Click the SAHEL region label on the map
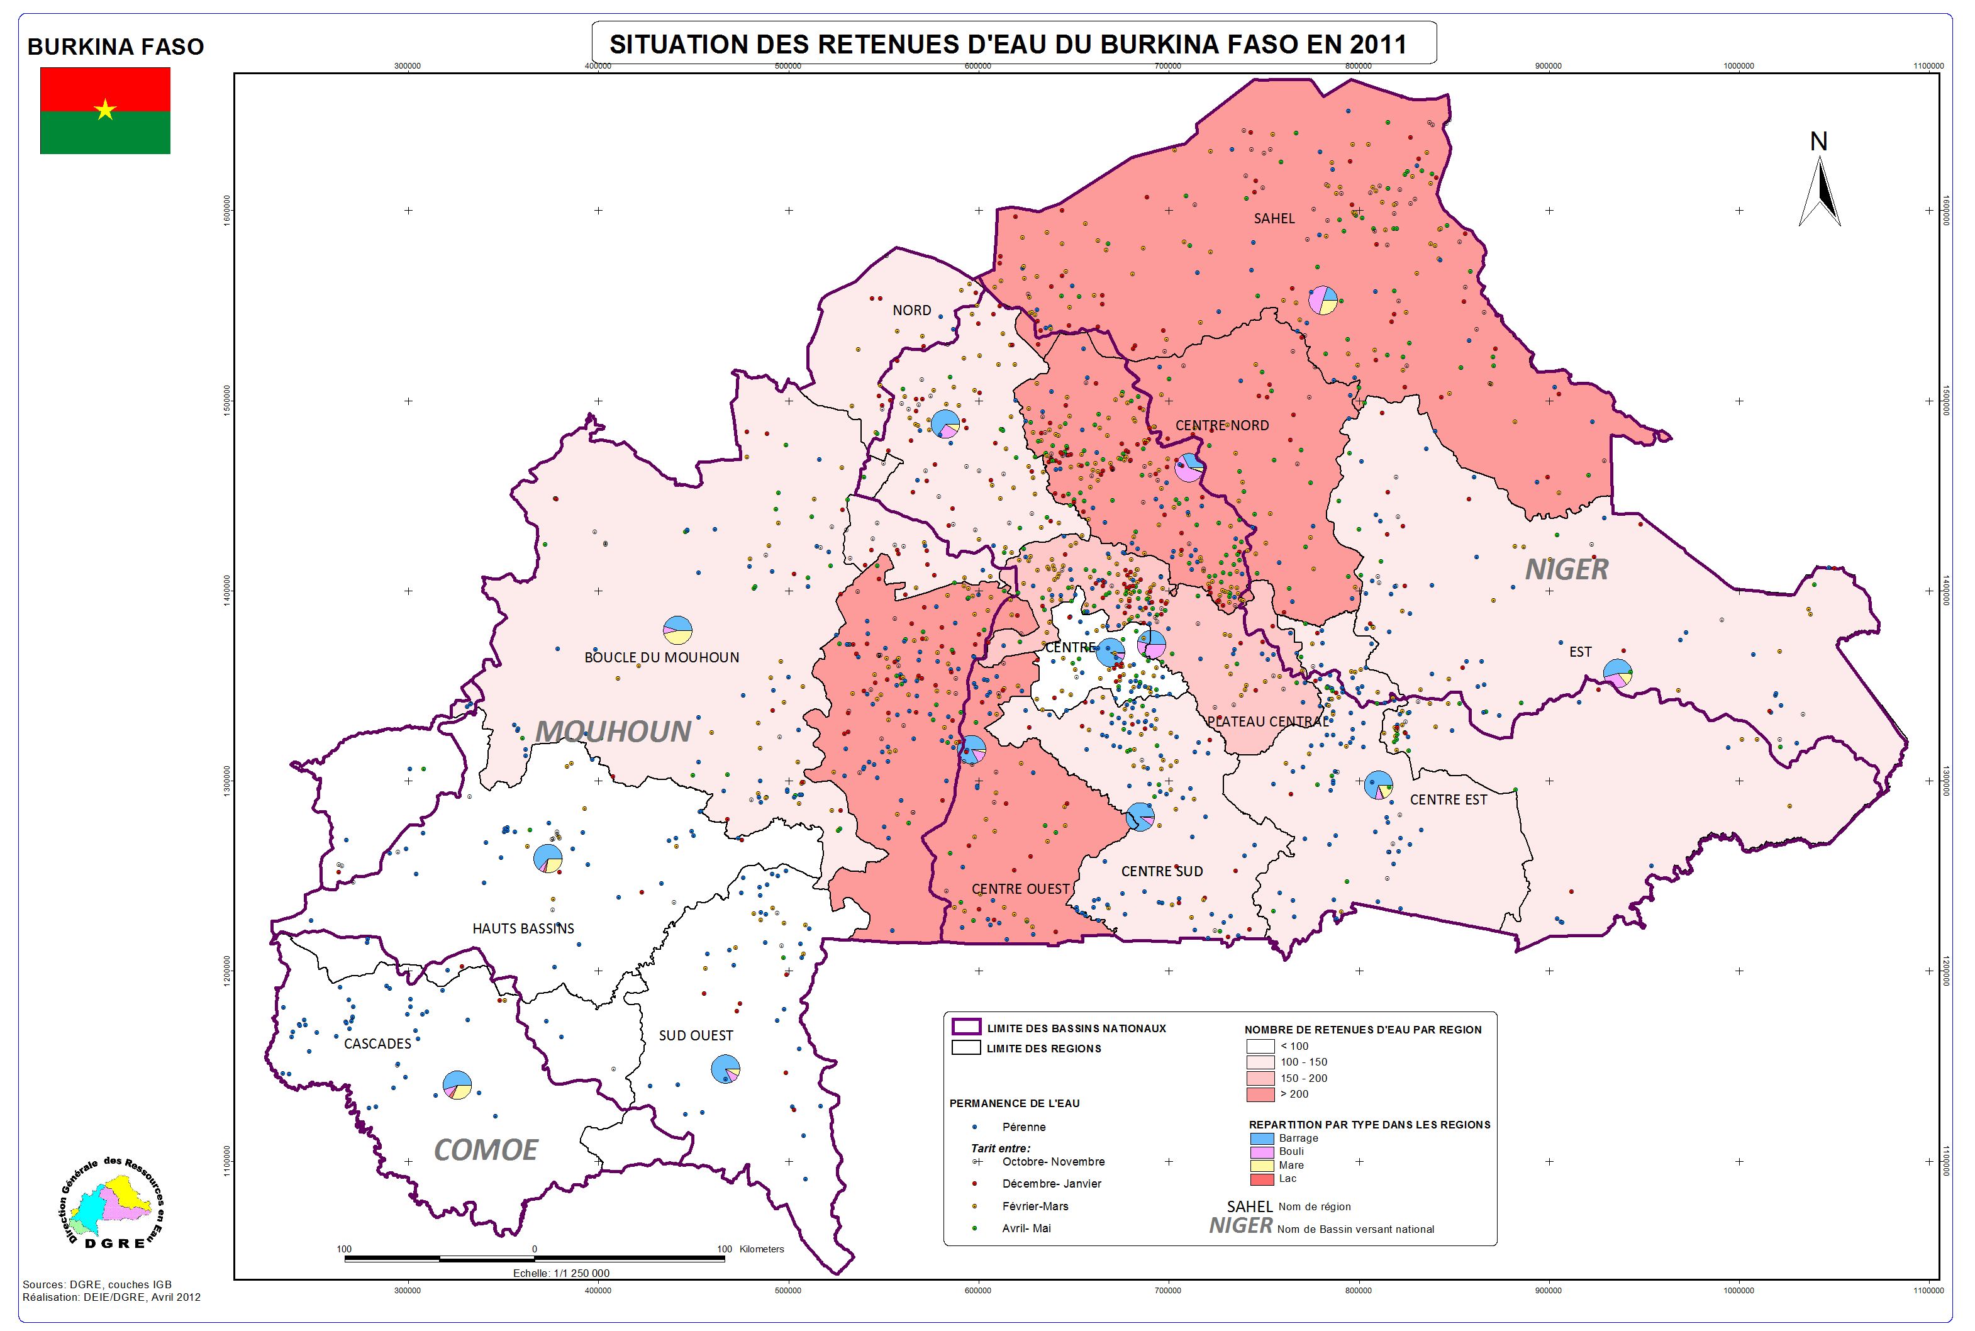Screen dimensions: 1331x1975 [x=1274, y=218]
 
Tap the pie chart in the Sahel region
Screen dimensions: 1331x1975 [x=1322, y=299]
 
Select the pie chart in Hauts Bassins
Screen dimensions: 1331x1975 [x=547, y=858]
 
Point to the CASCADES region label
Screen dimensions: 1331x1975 [x=377, y=1044]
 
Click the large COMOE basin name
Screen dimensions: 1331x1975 [x=486, y=1149]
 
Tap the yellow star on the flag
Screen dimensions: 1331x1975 [x=105, y=109]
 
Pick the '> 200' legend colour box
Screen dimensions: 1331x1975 [x=1260, y=1094]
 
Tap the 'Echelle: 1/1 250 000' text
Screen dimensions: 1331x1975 [x=561, y=1296]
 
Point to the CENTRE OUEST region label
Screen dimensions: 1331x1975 [x=1020, y=889]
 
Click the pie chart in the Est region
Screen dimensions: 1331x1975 [x=1618, y=673]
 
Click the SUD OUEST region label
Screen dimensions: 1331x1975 [x=696, y=1035]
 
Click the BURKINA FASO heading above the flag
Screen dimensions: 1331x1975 [x=116, y=47]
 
